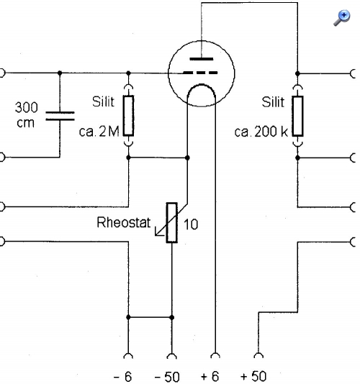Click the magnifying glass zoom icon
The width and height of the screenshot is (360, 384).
coord(341,18)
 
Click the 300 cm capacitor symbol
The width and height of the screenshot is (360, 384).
coord(60,116)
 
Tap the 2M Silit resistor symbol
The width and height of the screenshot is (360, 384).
coord(128,116)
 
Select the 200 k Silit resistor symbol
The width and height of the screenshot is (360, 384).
coord(297,116)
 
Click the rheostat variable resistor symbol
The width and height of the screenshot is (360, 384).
coord(171,223)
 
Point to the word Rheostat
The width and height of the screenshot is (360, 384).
coord(124,223)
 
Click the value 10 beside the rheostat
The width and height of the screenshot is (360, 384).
coord(191,224)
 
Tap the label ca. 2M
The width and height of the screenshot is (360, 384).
coord(99,132)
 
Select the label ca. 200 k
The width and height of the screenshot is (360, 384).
coord(261,132)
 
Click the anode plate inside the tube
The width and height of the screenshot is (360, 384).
coord(202,59)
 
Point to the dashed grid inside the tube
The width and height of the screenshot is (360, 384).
coord(200,73)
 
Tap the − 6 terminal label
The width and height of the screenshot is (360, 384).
coord(123,376)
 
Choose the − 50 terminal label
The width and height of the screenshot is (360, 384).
coord(168,376)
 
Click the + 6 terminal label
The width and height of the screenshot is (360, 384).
coord(210,376)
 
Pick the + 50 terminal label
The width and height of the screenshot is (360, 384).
coord(253,376)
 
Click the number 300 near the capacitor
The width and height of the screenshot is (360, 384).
coord(27,107)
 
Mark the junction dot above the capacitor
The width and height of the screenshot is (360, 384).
coord(60,73)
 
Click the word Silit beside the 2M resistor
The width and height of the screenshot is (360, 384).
coord(103,101)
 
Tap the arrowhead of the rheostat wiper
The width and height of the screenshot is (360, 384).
coord(157,233)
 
